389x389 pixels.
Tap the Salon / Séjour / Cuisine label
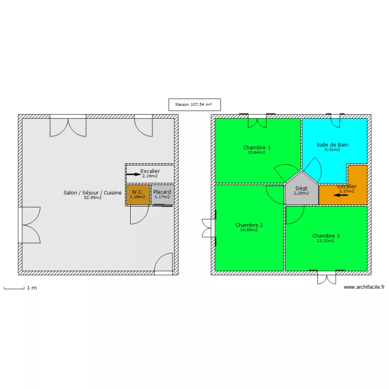pyautogui.click(x=92, y=193)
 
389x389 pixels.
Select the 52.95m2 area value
pyautogui.click(x=92, y=198)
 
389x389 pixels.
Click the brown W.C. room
pyautogui.click(x=137, y=195)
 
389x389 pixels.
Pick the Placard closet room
pyautogui.click(x=162, y=195)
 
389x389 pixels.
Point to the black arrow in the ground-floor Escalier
pyautogui.click(x=133, y=175)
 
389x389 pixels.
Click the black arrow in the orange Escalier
pyautogui.click(x=341, y=196)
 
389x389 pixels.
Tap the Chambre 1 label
pyautogui.click(x=257, y=148)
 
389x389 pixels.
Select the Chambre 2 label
pyautogui.click(x=249, y=225)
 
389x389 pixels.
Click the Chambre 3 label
pyautogui.click(x=326, y=236)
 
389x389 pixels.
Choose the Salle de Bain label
pyautogui.click(x=332, y=145)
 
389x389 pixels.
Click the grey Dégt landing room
pyautogui.click(x=301, y=191)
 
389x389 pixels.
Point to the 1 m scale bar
pyautogui.click(x=14, y=288)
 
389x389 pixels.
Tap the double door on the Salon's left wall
pyautogui.click(x=30, y=225)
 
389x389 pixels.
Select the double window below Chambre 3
pyautogui.click(x=327, y=277)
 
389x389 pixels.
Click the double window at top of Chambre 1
pyautogui.click(x=257, y=121)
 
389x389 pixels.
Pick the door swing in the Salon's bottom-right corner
pyautogui.click(x=164, y=263)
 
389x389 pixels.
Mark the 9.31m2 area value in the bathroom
pyautogui.click(x=332, y=150)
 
